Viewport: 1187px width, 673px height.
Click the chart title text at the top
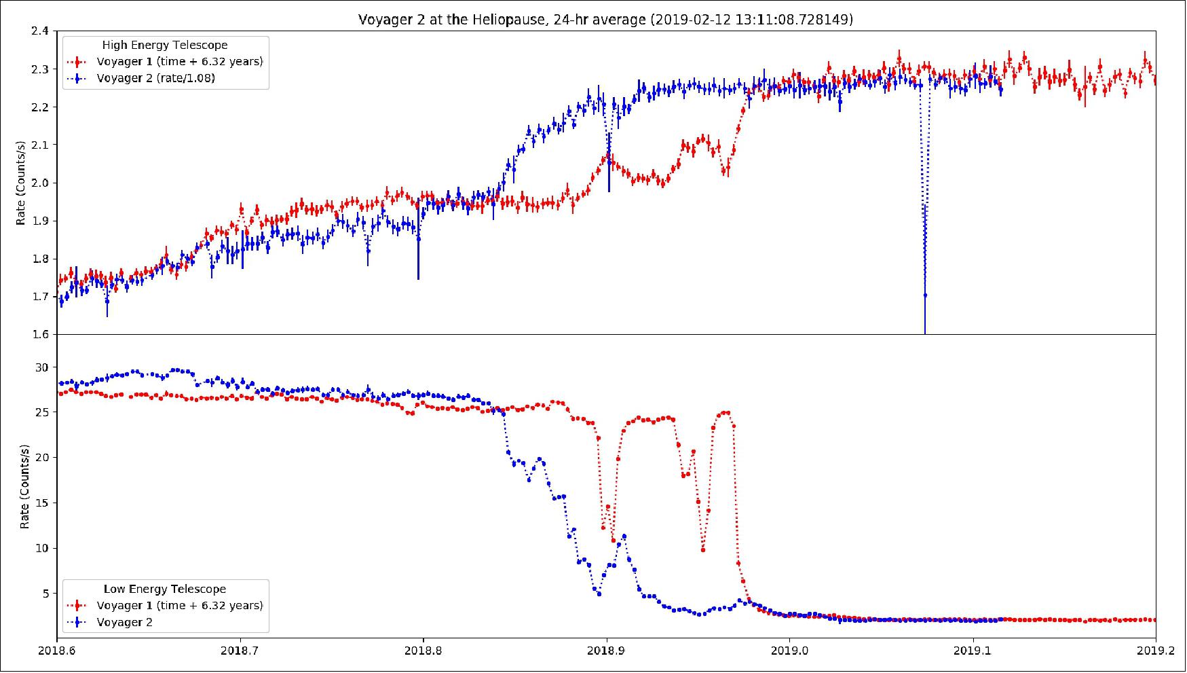(x=605, y=20)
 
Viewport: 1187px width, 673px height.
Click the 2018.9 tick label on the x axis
(x=606, y=651)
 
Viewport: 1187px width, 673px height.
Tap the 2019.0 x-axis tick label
(x=789, y=651)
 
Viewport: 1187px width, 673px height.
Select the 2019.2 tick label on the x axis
(x=1155, y=651)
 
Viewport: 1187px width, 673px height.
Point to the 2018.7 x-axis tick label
(x=240, y=651)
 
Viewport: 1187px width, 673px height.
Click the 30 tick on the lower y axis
(x=43, y=367)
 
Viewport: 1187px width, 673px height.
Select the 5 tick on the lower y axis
(x=45, y=594)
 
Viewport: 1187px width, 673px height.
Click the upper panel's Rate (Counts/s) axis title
(x=22, y=183)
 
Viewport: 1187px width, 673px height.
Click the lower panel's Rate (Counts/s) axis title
(x=25, y=486)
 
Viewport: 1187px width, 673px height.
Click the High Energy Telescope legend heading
(x=165, y=45)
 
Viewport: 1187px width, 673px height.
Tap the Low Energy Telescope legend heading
(x=165, y=589)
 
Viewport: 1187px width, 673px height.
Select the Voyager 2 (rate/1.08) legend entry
(x=155, y=78)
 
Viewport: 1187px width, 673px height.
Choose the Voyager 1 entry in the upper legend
(x=179, y=61)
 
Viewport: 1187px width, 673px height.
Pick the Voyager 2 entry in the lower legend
(x=124, y=622)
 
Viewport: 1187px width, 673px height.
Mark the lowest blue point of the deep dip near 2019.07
(x=925, y=295)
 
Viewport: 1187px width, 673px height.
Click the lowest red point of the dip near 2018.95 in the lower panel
(x=703, y=549)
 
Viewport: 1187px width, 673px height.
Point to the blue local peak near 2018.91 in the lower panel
(x=624, y=536)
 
